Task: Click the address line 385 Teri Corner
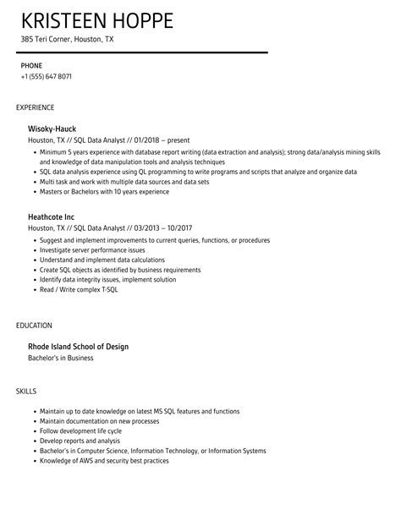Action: click(68, 41)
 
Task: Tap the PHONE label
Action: click(31, 65)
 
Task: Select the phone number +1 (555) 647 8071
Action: click(46, 77)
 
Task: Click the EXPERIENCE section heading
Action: click(35, 107)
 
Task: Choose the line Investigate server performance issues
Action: click(94, 250)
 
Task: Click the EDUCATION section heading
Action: click(34, 325)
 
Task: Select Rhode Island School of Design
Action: click(79, 347)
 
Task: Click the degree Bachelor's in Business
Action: click(61, 359)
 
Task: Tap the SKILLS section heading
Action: click(27, 391)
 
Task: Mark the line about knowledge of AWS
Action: click(104, 461)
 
